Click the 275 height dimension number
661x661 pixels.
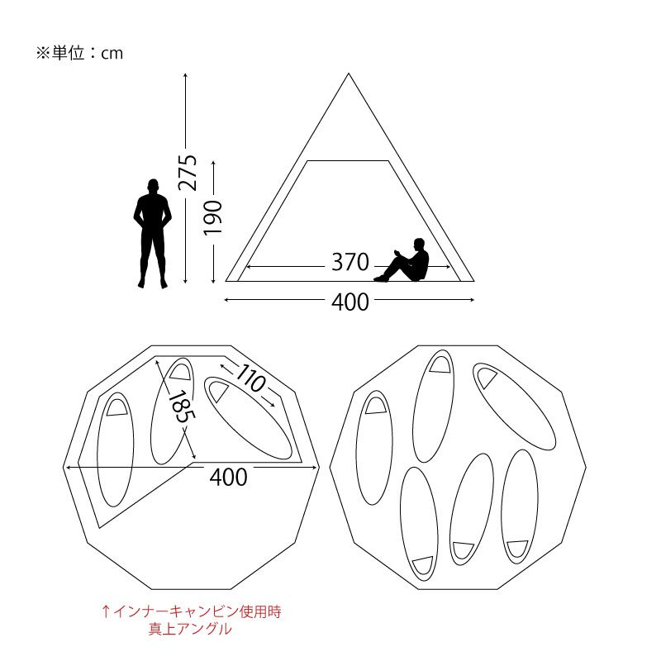pos(188,173)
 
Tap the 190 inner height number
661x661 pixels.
pos(213,218)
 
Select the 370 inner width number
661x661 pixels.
pos(350,262)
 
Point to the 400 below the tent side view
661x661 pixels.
pos(350,302)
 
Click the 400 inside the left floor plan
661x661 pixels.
pos(228,478)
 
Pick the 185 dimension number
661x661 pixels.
pos(182,406)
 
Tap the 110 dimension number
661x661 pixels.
pos(251,378)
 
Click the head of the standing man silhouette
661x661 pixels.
pos(153,186)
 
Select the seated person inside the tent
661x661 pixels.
pos(402,260)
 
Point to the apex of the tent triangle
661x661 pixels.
pos(348,74)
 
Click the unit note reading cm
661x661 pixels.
pos(112,54)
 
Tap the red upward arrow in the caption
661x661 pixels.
pos(106,611)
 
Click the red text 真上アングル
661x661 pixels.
pos(190,629)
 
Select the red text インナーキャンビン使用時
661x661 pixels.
pos(197,611)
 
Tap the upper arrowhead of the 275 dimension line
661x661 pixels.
pos(185,75)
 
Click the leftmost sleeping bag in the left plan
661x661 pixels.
pos(115,449)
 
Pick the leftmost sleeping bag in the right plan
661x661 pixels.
pos(374,447)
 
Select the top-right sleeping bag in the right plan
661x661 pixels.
pos(514,407)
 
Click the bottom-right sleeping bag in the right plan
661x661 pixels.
pos(520,506)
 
